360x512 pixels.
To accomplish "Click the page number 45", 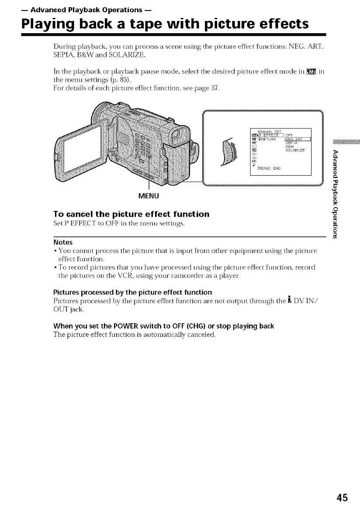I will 342,498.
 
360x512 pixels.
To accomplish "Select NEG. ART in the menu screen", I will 298,140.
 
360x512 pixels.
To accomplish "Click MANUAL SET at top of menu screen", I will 270,131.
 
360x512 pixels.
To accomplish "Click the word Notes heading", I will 63,242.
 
